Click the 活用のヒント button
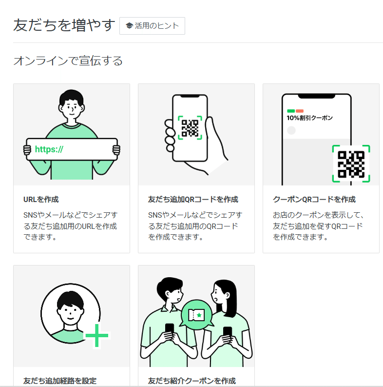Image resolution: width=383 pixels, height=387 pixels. coord(152,26)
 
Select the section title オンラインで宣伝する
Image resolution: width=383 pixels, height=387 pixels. coord(68,61)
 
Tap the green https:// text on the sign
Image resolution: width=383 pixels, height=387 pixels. coord(49,149)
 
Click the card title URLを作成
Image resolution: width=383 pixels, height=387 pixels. coord(41,200)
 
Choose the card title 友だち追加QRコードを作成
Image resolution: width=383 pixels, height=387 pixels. coord(193,200)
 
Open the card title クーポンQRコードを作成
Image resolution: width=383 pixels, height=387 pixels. coord(314,200)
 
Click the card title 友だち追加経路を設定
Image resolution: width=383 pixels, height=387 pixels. coord(60,381)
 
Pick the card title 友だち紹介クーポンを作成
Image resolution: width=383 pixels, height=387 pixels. coord(191,381)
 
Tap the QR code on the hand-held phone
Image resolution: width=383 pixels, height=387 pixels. coord(190,128)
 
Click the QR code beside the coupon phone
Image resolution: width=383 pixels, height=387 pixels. coord(351,164)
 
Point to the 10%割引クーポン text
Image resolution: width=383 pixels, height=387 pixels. coord(309,118)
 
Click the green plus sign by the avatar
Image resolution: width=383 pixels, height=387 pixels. coord(97,336)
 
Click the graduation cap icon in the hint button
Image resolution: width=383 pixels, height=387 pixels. coord(129,26)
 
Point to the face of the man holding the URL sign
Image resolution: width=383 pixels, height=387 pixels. coord(71,108)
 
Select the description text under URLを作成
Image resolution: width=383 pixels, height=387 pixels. coord(71,226)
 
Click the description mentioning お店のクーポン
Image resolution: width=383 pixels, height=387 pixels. coord(319,226)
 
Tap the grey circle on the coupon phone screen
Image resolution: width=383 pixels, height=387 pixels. coord(291,130)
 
